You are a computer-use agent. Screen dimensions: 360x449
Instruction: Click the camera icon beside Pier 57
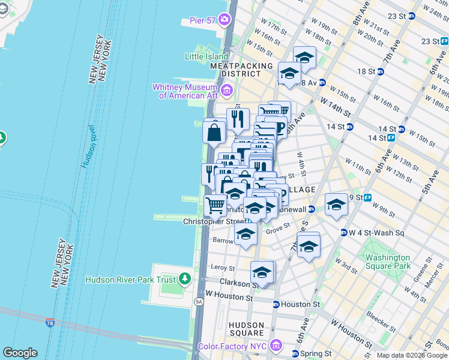224,20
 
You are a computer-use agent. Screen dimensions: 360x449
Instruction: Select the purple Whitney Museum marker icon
226,91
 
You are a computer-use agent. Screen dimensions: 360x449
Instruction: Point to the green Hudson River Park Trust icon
185,279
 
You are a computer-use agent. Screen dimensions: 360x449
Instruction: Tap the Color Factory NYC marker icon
276,346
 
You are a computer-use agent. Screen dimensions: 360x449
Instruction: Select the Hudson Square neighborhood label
246,329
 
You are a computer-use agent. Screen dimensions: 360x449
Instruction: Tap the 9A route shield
199,302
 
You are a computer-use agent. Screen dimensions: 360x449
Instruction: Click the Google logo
20,353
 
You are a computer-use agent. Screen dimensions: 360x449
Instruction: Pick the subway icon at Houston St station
276,305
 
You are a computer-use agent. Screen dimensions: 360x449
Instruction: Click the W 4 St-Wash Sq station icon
343,233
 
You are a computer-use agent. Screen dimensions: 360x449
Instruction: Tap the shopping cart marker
215,206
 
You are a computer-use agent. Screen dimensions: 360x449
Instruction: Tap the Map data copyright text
412,355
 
